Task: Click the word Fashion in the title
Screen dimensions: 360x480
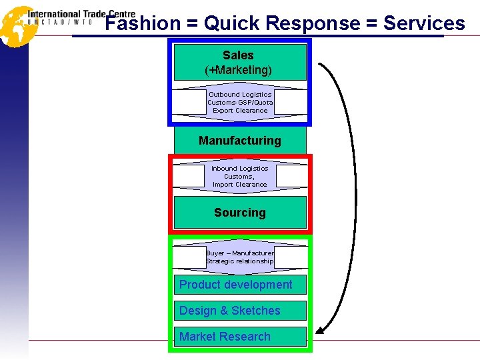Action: (143, 24)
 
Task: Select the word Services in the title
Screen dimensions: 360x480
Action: (424, 24)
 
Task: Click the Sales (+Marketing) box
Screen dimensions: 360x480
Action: (239, 62)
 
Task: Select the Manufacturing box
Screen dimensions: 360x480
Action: (240, 141)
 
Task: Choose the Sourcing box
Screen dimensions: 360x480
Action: (240, 213)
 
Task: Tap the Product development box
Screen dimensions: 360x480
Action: (236, 285)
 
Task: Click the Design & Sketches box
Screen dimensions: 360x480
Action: (230, 311)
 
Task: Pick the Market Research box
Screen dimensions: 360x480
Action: (225, 337)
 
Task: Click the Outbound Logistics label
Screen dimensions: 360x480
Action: (240, 95)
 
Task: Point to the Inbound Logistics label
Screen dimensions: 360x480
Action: (240, 169)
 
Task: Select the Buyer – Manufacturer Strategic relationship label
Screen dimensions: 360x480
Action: (240, 257)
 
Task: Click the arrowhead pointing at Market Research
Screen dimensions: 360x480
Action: (321, 329)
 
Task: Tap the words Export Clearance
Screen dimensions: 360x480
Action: (240, 111)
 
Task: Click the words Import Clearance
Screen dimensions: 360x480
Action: (240, 185)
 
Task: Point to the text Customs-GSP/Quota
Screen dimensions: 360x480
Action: (240, 103)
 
